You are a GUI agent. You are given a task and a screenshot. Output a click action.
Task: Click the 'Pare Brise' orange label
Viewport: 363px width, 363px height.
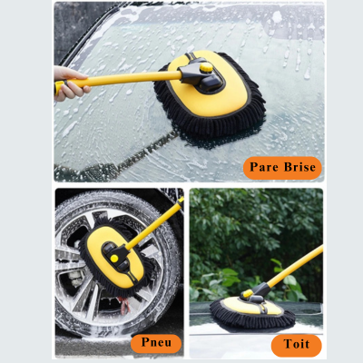coord(282,168)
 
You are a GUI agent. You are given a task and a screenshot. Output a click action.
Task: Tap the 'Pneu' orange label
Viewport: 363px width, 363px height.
coord(156,343)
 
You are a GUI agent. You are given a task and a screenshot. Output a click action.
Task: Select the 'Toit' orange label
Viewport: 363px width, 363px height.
coord(297,345)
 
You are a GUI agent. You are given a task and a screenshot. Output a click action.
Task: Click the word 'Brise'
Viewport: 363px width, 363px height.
coord(299,167)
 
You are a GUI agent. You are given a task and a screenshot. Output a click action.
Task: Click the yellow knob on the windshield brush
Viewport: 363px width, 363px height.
coord(206,67)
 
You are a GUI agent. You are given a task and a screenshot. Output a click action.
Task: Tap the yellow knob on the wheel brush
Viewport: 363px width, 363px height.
coord(114,259)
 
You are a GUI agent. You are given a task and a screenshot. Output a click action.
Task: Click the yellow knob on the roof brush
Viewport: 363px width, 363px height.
coord(248,293)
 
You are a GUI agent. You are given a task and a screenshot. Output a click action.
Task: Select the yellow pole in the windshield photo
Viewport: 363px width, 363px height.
coord(121,79)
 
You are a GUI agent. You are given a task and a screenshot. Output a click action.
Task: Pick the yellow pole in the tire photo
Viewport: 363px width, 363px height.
coord(155,224)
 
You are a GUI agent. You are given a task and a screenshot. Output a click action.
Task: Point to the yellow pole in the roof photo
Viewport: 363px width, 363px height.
coord(295,267)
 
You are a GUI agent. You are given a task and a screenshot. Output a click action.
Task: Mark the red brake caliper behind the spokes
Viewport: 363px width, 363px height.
coord(124,305)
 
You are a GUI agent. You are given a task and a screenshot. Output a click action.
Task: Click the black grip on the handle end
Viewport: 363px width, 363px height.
coord(60,87)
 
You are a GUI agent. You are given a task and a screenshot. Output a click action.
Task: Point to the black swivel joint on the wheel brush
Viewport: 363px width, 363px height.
coord(116,256)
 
